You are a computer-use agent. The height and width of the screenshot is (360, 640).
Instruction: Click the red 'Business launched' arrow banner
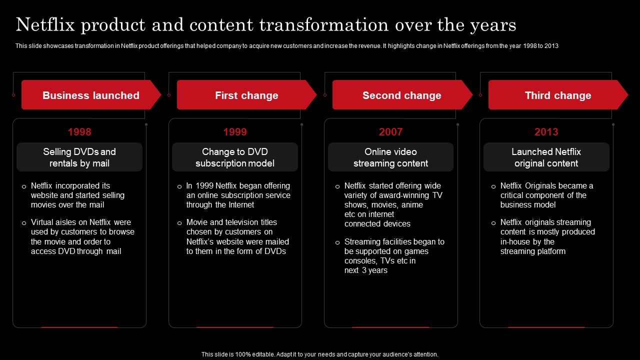click(x=90, y=95)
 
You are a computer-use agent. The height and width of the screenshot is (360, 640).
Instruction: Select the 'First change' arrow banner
click(x=246, y=95)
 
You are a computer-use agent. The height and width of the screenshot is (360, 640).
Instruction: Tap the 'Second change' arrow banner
click(x=401, y=95)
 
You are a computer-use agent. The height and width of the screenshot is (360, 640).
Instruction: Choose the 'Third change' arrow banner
click(x=557, y=95)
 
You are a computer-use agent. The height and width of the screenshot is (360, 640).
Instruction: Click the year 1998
click(x=79, y=132)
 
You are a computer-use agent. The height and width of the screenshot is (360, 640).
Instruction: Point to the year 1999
click(x=235, y=132)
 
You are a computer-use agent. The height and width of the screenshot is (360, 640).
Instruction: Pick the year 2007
click(x=390, y=132)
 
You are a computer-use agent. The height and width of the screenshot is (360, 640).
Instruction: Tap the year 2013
click(x=546, y=132)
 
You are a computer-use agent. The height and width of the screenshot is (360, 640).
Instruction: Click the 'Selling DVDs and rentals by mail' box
click(x=79, y=157)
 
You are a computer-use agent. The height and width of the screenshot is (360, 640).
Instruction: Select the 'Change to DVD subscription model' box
click(x=235, y=157)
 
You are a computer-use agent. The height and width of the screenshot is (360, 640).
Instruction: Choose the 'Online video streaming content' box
click(x=390, y=157)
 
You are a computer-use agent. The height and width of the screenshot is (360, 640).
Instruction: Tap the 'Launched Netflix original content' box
click(x=546, y=157)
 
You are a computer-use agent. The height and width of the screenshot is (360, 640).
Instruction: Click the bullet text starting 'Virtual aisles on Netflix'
click(x=82, y=236)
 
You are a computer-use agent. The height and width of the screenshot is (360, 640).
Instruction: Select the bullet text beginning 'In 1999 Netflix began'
click(x=238, y=195)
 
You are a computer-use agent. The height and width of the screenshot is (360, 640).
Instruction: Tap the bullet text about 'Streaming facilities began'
click(x=394, y=255)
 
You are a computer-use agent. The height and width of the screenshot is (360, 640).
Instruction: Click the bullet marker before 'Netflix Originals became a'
click(x=493, y=186)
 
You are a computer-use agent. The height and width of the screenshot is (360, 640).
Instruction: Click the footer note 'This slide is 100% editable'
click(x=319, y=354)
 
